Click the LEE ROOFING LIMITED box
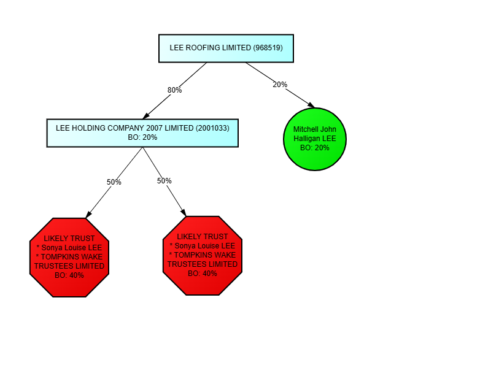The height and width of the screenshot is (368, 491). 226,48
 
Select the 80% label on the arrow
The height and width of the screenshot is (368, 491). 174,90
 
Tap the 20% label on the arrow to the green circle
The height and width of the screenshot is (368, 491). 280,85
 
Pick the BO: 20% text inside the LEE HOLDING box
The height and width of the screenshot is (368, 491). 142,137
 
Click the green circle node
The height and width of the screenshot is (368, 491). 315,139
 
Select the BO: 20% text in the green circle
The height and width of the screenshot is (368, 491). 315,148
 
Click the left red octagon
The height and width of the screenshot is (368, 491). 69,258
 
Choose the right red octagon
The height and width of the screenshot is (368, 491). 203,256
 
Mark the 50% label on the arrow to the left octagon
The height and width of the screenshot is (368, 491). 114,182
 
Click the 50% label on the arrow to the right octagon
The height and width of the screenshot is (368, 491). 164,181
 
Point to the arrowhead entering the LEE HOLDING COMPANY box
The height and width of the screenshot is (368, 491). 146,116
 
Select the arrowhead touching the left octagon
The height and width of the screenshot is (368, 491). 88,215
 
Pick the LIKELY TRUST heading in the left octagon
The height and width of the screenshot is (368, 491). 69,239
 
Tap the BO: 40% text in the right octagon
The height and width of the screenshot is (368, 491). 203,274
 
